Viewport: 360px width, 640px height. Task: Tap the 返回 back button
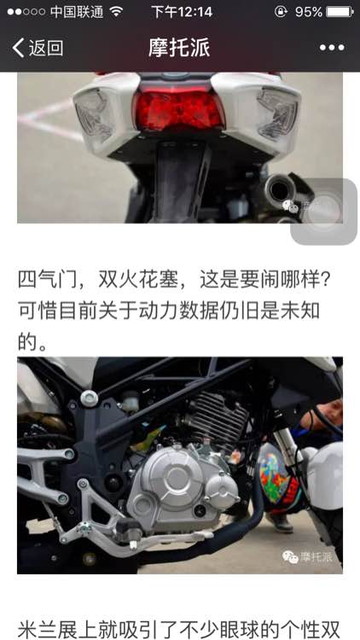coord(38,48)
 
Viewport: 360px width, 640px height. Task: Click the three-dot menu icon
coord(332,48)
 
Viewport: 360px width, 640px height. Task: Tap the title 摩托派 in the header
coord(179,48)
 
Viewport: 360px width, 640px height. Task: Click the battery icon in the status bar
coord(340,12)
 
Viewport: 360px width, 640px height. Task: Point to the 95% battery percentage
coord(309,12)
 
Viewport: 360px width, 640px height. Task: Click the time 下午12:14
coord(182,12)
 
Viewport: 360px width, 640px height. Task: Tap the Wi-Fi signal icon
coord(116,12)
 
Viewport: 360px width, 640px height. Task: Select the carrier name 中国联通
coord(77,12)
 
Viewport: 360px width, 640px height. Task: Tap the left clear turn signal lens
coord(95,115)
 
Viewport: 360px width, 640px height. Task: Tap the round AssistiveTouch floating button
coord(324,212)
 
